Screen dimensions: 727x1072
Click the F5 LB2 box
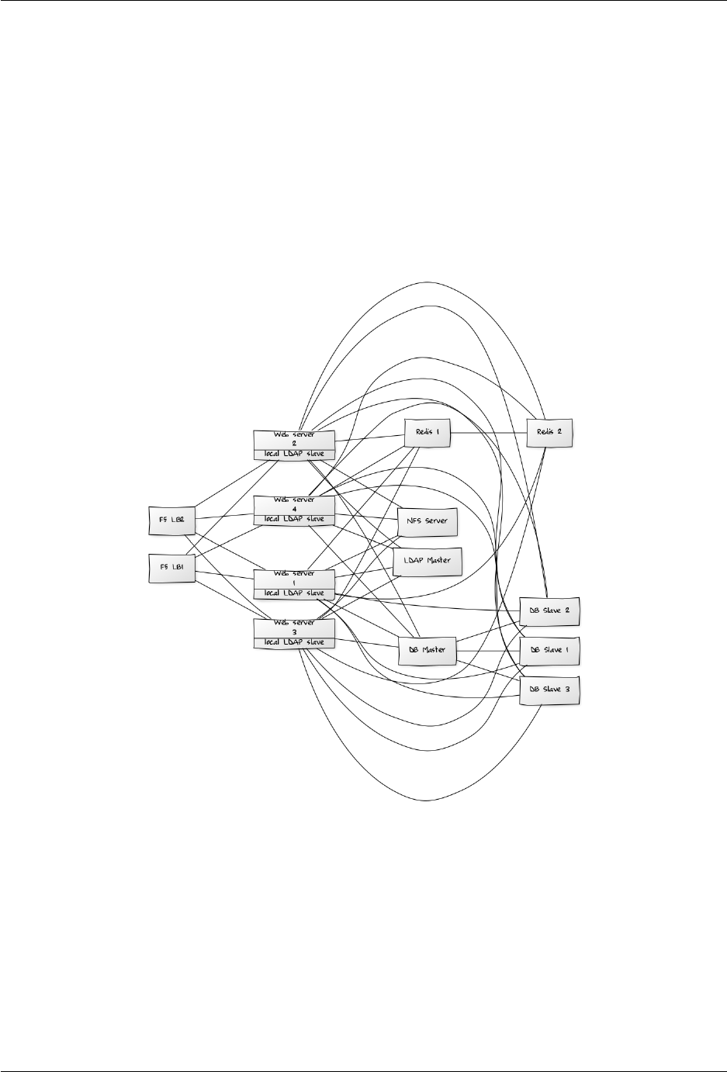pos(170,520)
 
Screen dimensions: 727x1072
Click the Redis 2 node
pos(550,432)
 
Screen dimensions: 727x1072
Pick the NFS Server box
pos(427,521)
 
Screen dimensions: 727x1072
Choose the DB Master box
pos(427,650)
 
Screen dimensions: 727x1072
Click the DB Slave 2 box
pos(549,610)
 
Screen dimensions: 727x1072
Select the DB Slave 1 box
pos(549,650)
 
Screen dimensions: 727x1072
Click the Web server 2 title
pos(294,438)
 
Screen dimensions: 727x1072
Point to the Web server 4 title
pos(294,505)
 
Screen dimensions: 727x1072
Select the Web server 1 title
pos(294,579)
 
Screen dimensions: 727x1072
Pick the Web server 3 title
pos(294,628)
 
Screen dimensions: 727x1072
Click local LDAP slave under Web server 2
pos(294,453)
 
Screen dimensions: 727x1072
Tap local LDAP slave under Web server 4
pos(294,519)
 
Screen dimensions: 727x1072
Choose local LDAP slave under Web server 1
pos(294,593)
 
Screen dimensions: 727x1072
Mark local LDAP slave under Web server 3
pos(294,642)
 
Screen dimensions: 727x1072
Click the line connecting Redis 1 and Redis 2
pos(489,432)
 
